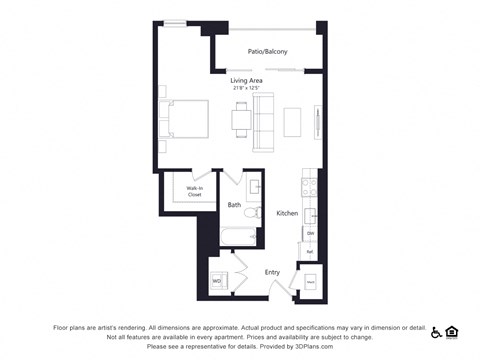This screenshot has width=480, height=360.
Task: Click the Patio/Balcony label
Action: [x=267, y=51]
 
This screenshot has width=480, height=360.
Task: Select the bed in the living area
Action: [x=184, y=120]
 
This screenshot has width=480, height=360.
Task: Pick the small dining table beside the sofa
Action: [x=240, y=120]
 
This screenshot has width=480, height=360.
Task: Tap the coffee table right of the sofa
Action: [x=292, y=120]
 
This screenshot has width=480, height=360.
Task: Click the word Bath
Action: [x=234, y=205]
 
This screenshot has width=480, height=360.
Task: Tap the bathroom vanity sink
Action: [x=254, y=187]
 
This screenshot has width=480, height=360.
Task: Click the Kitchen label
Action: [x=287, y=214]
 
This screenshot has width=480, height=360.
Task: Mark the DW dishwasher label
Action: [x=311, y=233]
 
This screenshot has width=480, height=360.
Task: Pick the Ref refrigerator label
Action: [x=311, y=251]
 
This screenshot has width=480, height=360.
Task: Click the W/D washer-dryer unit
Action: [x=216, y=281]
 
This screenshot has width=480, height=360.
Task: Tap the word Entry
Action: [x=272, y=271]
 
